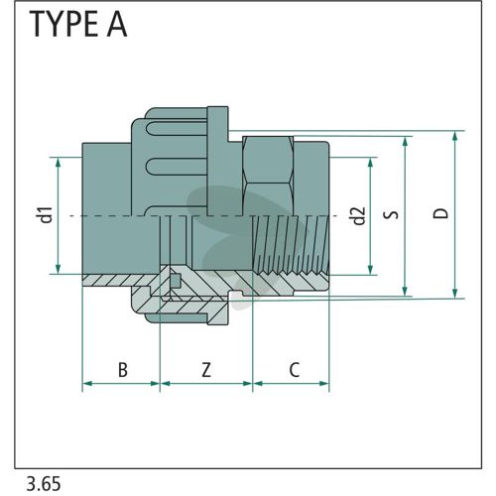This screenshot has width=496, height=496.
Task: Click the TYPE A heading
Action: (78, 24)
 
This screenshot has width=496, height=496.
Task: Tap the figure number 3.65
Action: (44, 484)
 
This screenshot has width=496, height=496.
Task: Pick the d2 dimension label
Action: (358, 216)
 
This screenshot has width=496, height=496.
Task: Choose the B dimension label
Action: (123, 370)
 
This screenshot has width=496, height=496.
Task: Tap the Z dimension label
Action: (206, 370)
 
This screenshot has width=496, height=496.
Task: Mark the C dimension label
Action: (294, 370)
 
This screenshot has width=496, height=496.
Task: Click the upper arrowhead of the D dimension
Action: (455, 136)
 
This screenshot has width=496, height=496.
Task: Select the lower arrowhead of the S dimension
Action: (405, 292)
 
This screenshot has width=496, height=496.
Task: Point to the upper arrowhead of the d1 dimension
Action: (59, 163)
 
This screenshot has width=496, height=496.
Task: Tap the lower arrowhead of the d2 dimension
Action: (370, 270)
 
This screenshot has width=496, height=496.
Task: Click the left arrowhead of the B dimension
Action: (87, 384)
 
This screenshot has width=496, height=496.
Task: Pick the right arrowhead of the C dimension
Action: (324, 384)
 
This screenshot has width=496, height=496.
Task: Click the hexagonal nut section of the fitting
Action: (268, 176)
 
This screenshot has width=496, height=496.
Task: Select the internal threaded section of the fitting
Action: (291, 245)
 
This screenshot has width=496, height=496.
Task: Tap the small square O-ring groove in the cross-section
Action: (176, 281)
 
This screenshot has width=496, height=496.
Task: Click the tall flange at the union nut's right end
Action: (217, 161)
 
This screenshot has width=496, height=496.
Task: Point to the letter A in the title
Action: (116, 24)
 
